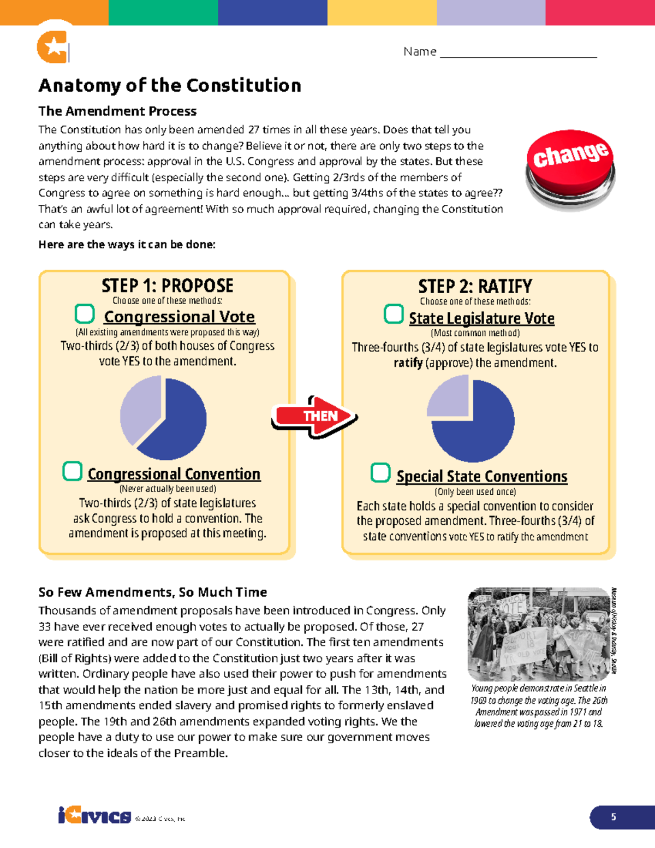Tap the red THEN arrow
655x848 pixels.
[x=314, y=417]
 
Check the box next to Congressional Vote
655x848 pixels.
[x=85, y=314]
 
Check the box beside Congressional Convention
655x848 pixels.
[x=73, y=471]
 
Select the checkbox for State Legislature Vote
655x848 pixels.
[x=394, y=314]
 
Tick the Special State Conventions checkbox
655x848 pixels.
[x=380, y=473]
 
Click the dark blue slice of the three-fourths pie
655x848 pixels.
[x=480, y=431]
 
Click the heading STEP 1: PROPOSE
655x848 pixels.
[x=167, y=286]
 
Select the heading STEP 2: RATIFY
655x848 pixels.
[x=475, y=286]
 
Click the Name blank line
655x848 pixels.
[x=518, y=53]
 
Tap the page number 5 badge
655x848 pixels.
[x=614, y=817]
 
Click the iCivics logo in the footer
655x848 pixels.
[x=94, y=816]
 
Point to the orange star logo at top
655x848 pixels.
[x=53, y=47]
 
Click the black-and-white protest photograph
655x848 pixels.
[x=539, y=634]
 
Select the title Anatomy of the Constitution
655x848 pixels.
[x=170, y=86]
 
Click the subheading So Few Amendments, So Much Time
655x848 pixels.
[x=153, y=592]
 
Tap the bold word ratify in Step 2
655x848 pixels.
[x=408, y=363]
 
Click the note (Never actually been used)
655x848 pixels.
[x=168, y=489]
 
